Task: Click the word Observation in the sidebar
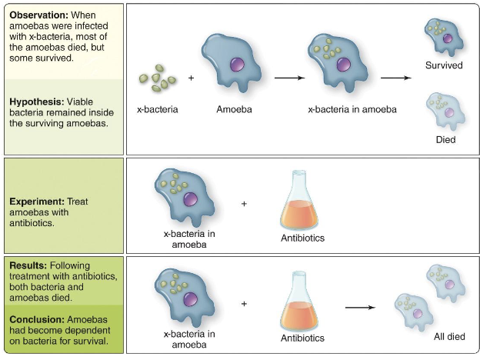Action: (x=38, y=15)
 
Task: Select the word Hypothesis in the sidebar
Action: (x=36, y=101)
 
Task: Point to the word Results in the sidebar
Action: (x=28, y=265)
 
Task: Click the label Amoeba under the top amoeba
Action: (x=234, y=109)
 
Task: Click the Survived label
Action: (x=444, y=65)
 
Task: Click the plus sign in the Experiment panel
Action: (x=245, y=204)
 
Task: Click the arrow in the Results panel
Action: (x=360, y=308)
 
